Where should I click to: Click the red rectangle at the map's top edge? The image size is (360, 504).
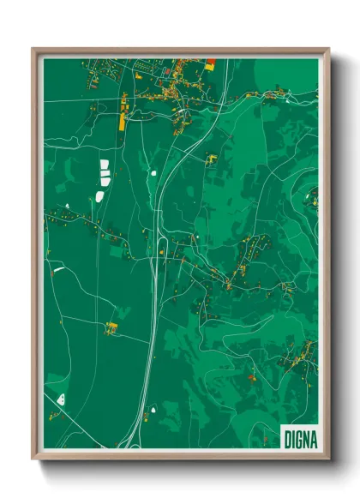point(211,62)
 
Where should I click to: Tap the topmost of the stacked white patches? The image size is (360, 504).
point(105,163)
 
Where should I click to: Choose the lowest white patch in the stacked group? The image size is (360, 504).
point(100,196)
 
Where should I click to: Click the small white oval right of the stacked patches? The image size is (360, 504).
point(153,173)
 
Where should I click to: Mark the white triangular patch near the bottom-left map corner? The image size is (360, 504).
point(61,399)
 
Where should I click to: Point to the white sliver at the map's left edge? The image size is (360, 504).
point(58,270)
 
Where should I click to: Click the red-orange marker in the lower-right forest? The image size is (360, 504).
point(251,375)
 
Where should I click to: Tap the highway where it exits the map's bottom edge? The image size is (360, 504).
point(129,447)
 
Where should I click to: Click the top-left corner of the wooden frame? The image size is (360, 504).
point(33,49)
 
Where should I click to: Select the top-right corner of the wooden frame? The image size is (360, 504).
point(329,49)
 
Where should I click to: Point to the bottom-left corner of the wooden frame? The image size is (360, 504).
point(33,460)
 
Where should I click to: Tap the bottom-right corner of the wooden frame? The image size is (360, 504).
point(329,460)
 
